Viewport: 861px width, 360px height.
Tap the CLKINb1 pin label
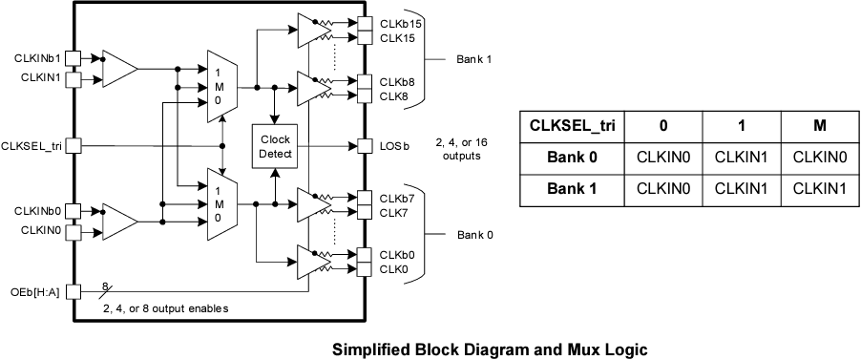[39, 58]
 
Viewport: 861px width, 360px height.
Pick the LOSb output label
[393, 146]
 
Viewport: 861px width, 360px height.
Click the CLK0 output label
[394, 269]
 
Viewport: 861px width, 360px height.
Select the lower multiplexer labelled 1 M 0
[220, 204]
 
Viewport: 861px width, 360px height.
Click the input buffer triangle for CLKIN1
[119, 69]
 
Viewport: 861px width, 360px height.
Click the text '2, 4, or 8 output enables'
[165, 307]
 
